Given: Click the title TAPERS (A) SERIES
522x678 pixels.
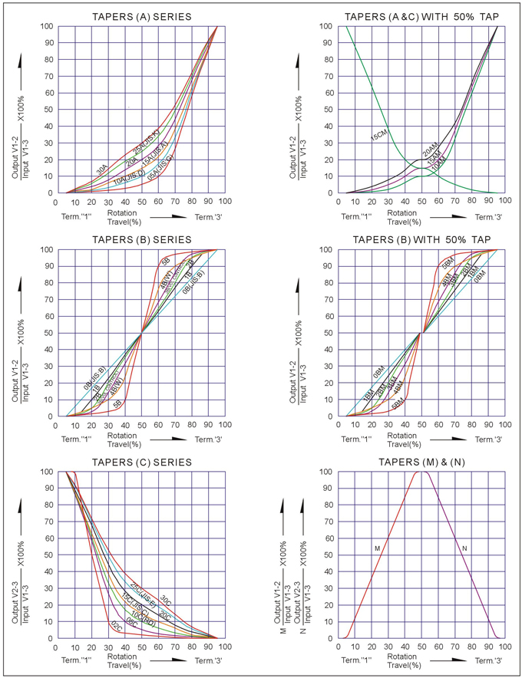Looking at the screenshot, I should pyautogui.click(x=142, y=16).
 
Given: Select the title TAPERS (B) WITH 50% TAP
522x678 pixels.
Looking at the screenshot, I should pyautogui.click(x=421, y=239).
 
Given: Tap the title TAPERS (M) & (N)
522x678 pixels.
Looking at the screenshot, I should pyautogui.click(x=421, y=462).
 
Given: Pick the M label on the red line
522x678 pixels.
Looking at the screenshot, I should pyautogui.click(x=377, y=548).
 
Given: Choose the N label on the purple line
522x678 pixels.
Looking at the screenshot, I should pyautogui.click(x=465, y=548).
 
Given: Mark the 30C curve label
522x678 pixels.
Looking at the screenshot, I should pyautogui.click(x=164, y=601).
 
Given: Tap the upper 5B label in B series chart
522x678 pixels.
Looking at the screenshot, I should pyautogui.click(x=165, y=262).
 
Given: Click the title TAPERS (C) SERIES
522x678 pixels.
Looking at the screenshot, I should pyautogui.click(x=142, y=462).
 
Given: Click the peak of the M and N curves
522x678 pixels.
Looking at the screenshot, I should pyautogui.click(x=421, y=472).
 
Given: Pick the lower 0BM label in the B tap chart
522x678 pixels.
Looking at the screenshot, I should pyautogui.click(x=378, y=374).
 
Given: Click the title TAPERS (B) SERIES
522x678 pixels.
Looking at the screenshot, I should pyautogui.click(x=142, y=239).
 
